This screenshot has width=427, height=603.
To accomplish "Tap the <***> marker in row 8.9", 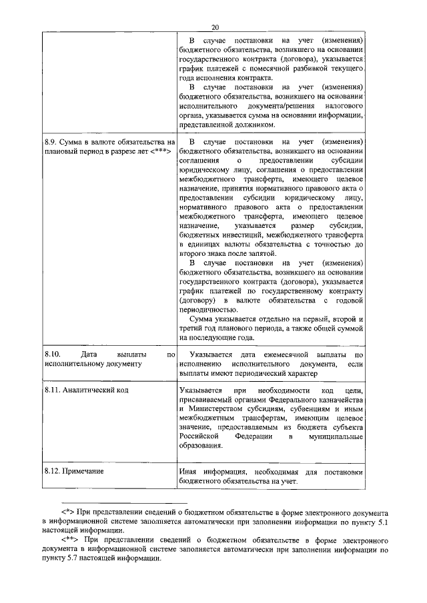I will coord(162,151).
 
